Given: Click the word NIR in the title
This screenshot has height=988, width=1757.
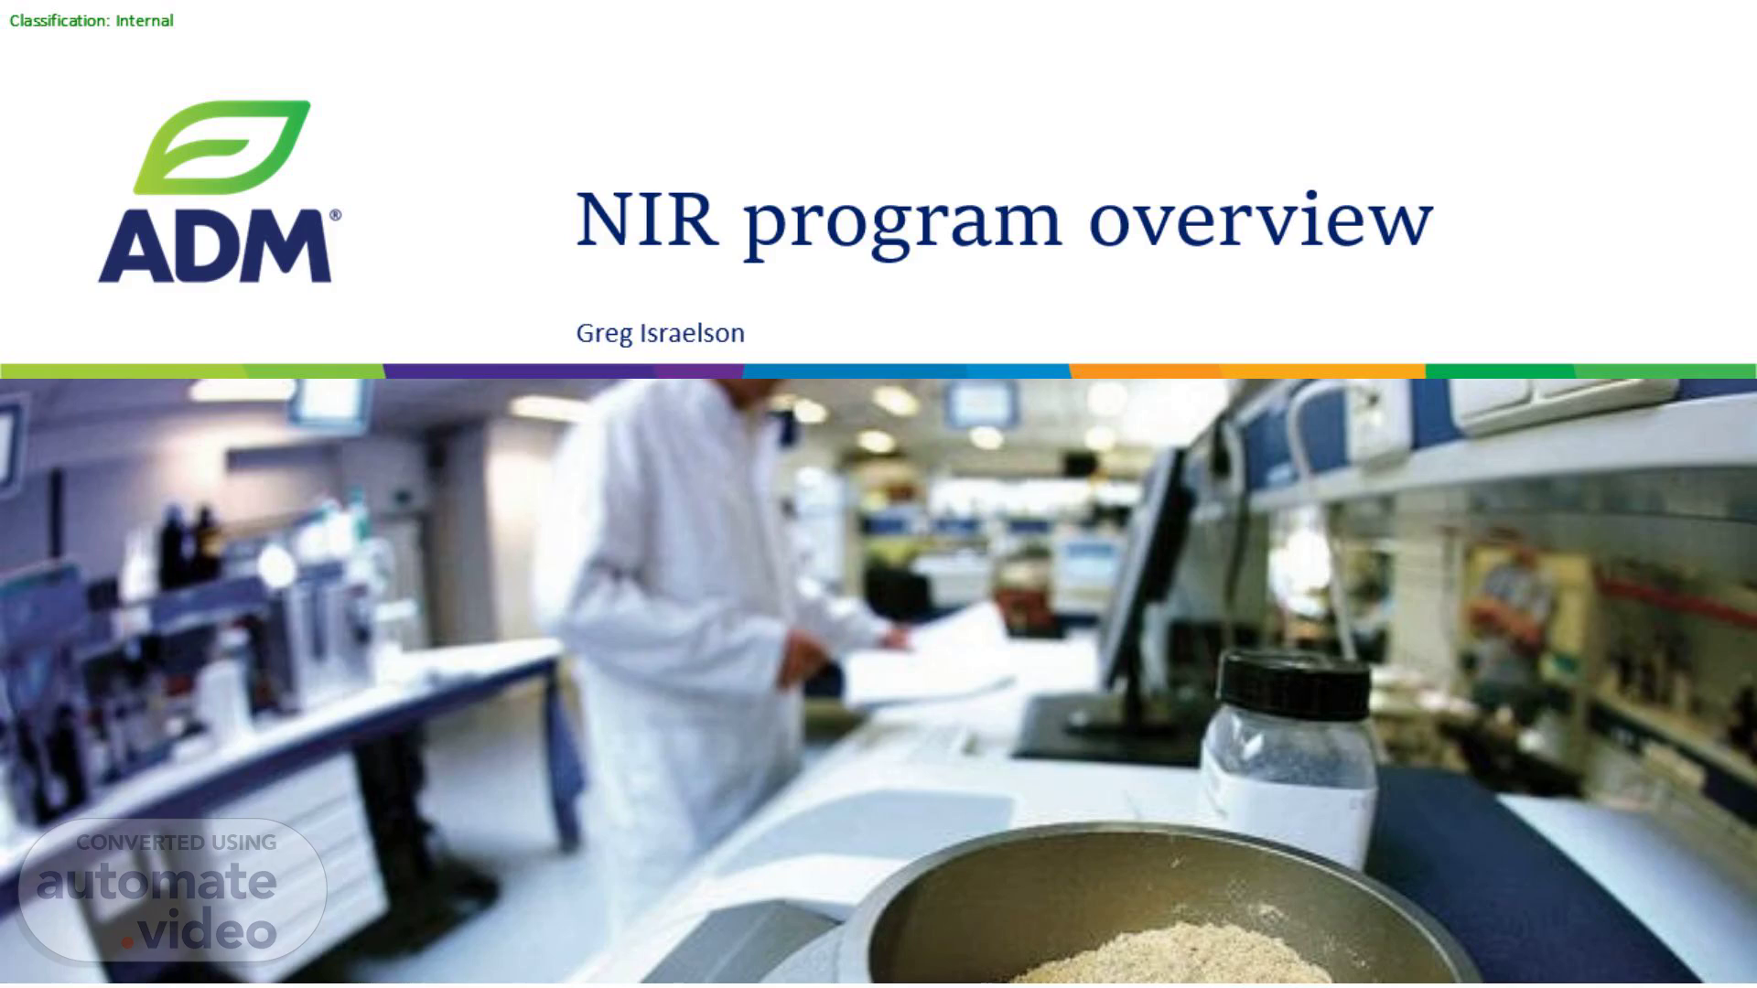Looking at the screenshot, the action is point(646,220).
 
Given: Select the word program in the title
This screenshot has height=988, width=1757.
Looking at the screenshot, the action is point(902,227).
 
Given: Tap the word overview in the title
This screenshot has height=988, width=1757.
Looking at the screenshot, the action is point(1261,220).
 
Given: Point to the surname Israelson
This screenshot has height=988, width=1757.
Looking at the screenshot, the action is point(692,332).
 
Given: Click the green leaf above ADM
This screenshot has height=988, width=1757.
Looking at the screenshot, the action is point(222,146).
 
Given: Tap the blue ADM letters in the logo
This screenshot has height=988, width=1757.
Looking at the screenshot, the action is point(214,245).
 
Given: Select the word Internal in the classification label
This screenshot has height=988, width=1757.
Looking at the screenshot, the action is point(145,20).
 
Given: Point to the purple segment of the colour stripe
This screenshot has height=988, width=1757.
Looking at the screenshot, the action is point(563,371).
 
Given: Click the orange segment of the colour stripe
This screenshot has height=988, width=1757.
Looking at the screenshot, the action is point(1247,371).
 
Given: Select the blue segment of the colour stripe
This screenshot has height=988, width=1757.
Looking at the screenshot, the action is point(906,371).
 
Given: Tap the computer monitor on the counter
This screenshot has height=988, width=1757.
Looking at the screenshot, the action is point(1144,567).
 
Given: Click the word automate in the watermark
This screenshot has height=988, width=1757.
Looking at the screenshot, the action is point(156,882).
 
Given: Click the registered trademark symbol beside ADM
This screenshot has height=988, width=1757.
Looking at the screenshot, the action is point(335,216).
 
